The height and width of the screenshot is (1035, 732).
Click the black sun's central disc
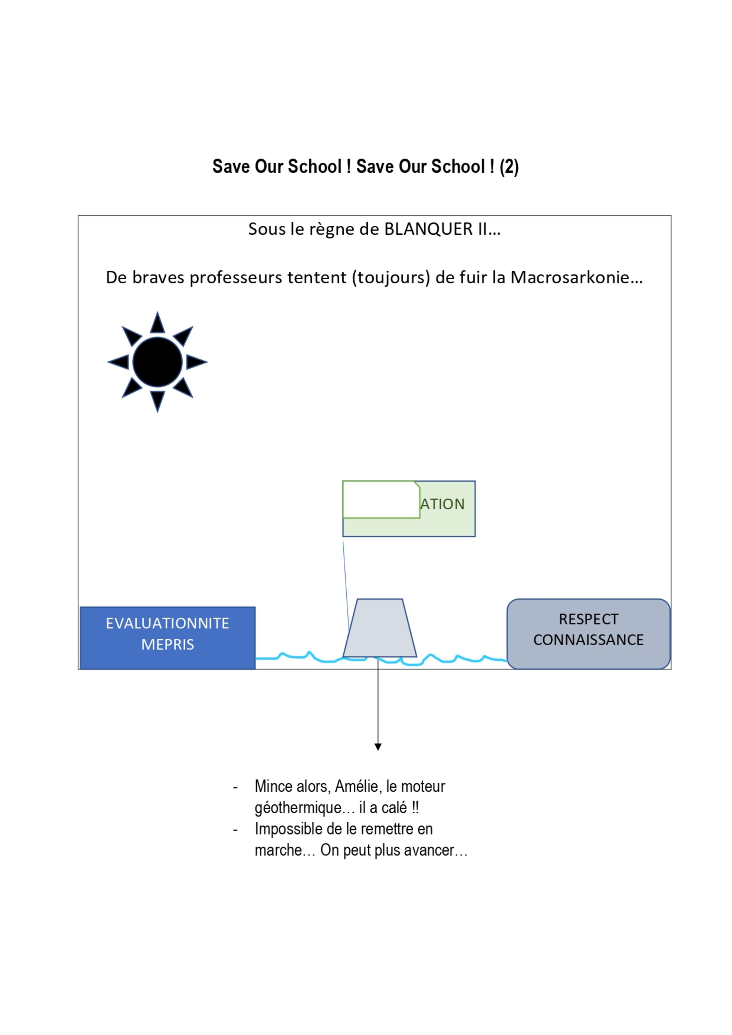point(157,362)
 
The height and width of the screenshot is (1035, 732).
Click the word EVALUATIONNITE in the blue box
point(167,623)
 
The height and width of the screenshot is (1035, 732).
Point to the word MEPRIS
point(167,645)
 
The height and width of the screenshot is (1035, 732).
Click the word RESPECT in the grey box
point(588,619)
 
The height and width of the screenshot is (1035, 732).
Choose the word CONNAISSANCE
point(588,640)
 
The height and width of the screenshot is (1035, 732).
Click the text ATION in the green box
point(442,504)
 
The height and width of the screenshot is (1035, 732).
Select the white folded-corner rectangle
point(381,499)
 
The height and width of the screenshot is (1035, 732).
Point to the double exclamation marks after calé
point(415,807)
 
